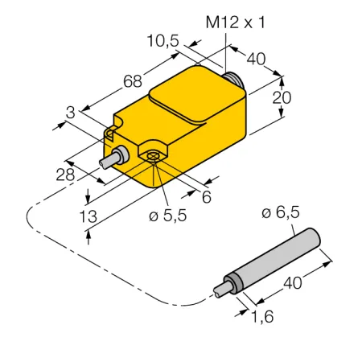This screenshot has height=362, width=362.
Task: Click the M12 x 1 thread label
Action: [235, 23]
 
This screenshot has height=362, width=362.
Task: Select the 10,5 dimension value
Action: [163, 41]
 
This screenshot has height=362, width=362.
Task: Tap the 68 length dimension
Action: [133, 81]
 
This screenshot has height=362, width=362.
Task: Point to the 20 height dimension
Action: [282, 97]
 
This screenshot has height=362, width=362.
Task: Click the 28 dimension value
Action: [65, 175]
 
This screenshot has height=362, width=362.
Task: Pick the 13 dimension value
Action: [88, 216]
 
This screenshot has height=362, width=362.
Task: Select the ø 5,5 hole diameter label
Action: [168, 216]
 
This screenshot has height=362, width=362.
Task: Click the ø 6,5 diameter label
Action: [281, 213]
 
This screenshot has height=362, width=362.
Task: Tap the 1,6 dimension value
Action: [262, 317]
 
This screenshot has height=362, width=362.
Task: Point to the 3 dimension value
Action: [71, 113]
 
